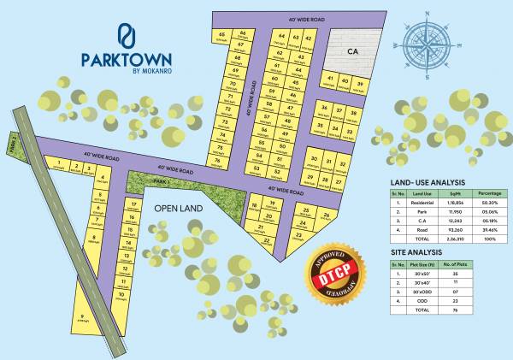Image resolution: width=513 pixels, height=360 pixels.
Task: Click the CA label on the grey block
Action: [351, 52]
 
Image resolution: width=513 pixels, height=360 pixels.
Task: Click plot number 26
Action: [327, 214]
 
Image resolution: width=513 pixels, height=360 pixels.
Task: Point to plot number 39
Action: [360, 83]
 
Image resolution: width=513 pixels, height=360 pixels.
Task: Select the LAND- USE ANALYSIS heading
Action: [427, 182]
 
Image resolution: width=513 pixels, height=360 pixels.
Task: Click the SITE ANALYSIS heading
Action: [416, 253]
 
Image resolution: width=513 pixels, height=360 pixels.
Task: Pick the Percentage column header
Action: [490, 194]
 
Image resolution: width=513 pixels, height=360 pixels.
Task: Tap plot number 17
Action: [133, 205]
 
